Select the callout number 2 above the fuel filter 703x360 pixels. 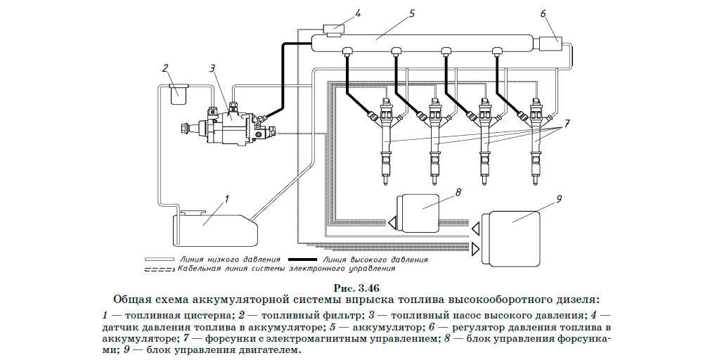tap(165, 68)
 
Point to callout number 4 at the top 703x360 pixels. tap(358, 13)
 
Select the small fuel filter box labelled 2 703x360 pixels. tap(179, 92)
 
